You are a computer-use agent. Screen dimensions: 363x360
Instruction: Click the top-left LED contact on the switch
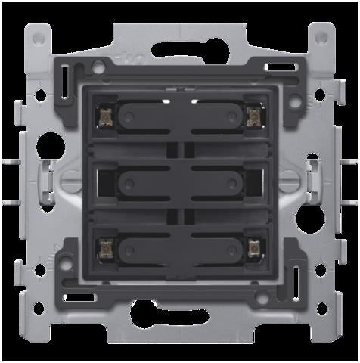(x=105, y=115)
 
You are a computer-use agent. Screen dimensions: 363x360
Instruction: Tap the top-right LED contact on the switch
(x=254, y=115)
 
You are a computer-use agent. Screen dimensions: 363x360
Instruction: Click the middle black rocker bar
(x=180, y=181)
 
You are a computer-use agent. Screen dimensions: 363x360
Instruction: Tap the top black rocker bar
(x=180, y=115)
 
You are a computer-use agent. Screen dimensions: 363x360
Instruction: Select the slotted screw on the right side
(x=288, y=181)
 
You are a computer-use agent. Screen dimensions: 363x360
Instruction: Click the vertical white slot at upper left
(x=65, y=78)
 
